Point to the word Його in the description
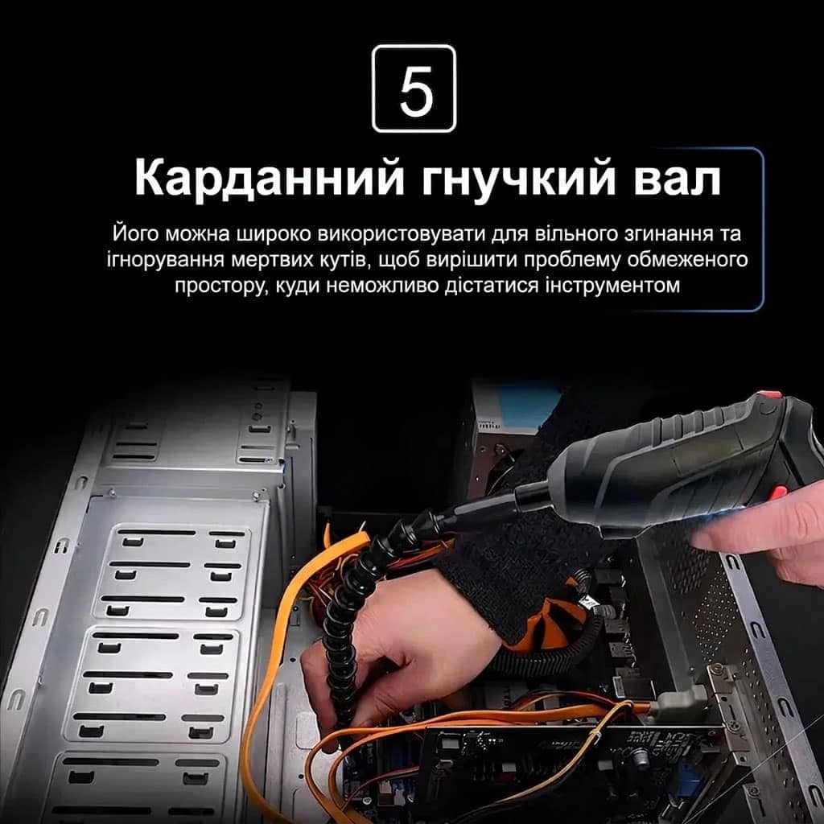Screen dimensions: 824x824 pyautogui.click(x=135, y=234)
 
